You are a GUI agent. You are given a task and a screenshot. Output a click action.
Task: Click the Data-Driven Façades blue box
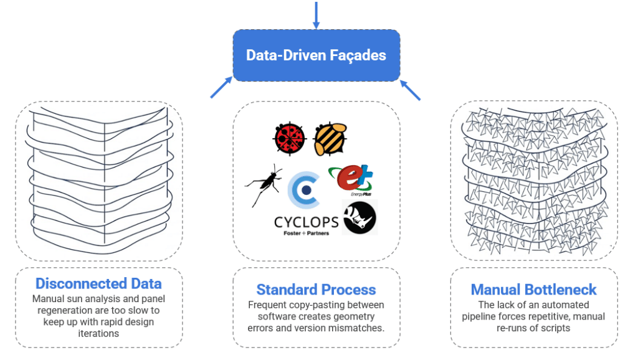point(316,55)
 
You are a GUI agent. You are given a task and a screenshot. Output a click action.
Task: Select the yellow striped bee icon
point(330,138)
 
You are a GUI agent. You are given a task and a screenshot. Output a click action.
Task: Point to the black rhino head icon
point(359,217)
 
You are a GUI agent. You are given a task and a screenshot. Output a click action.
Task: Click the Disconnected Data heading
point(98,284)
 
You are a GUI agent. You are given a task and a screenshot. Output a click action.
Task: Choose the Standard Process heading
point(316,290)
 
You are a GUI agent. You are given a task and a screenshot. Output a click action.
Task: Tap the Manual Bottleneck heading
point(533,290)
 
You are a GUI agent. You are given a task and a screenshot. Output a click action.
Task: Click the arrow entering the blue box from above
point(316,15)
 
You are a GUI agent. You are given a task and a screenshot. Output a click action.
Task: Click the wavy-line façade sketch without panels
point(99,181)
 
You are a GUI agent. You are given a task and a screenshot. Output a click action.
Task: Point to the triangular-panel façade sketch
point(533,181)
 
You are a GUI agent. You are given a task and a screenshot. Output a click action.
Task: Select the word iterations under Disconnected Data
point(99,333)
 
